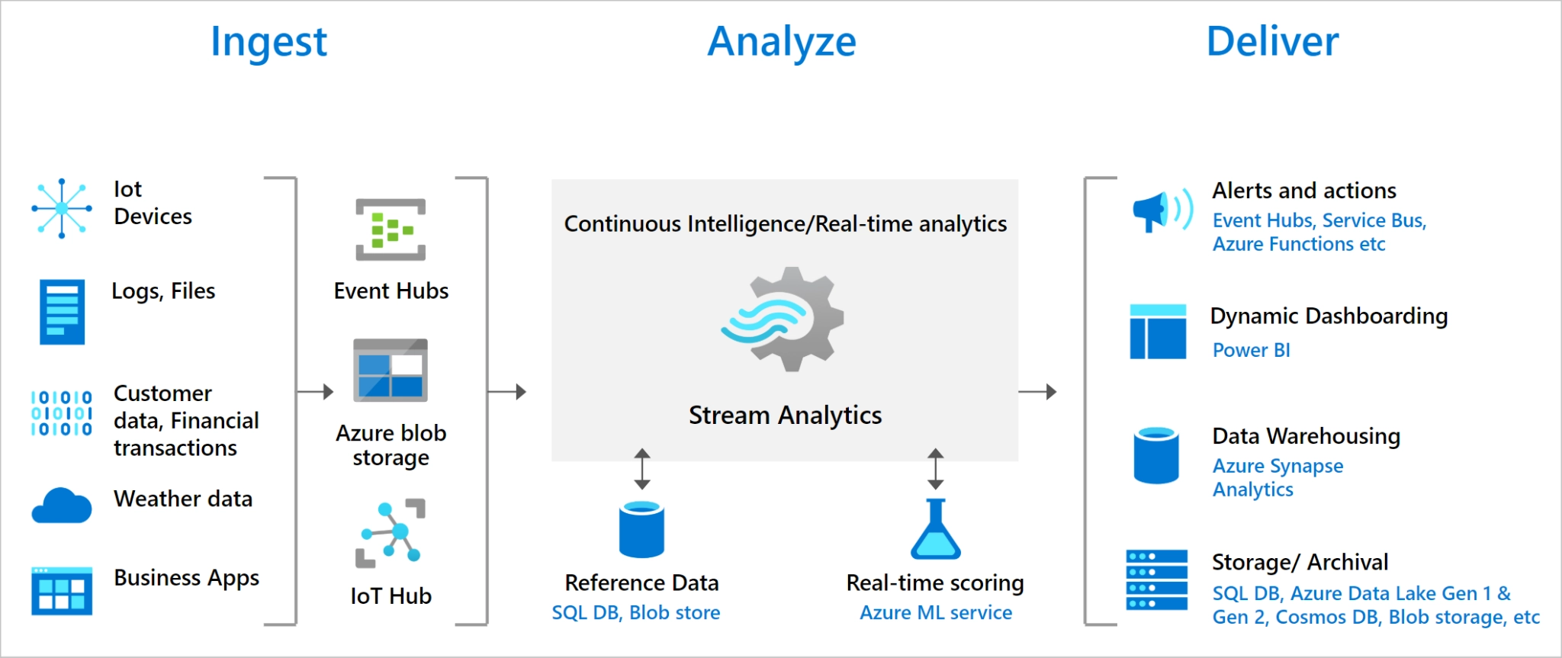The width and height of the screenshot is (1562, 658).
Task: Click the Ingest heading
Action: [x=268, y=43]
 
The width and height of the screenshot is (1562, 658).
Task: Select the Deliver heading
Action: [x=1272, y=41]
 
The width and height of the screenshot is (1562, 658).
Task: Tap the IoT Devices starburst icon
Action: [x=62, y=208]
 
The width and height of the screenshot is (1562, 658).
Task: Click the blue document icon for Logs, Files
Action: [x=62, y=312]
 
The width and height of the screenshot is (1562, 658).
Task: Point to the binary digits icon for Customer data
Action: [x=62, y=412]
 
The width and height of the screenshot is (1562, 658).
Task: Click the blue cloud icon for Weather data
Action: [x=62, y=506]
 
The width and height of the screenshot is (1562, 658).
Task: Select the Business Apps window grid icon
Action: [x=62, y=591]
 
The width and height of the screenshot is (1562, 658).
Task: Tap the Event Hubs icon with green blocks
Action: [x=390, y=229]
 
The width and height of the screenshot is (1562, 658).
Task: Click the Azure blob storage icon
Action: [x=390, y=370]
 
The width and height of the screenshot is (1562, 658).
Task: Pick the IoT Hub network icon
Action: [x=390, y=534]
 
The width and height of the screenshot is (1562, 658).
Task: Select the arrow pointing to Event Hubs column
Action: [x=316, y=392]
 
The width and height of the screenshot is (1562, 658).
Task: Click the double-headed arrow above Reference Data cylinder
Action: [x=642, y=469]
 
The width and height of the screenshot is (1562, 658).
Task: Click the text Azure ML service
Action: [x=936, y=613]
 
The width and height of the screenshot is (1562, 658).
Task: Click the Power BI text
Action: [x=1251, y=350]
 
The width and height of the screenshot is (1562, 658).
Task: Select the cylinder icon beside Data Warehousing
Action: [x=1156, y=455]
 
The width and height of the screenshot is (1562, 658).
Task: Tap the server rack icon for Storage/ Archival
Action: [x=1156, y=579]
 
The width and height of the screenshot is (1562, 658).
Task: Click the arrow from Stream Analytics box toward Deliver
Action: [x=1037, y=392]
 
